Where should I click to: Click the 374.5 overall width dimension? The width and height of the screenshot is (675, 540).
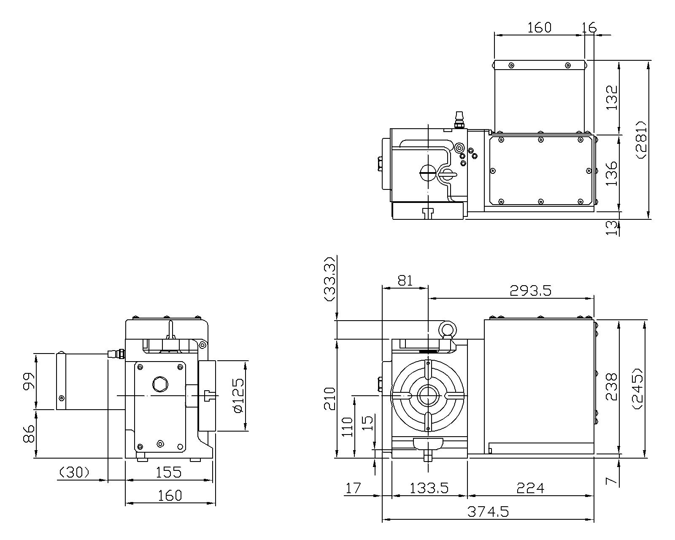click(488, 512)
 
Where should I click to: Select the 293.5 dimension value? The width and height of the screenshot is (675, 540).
click(530, 290)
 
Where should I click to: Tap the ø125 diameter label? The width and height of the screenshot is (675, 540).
click(239, 396)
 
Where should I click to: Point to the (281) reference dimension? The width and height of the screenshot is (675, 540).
click(642, 139)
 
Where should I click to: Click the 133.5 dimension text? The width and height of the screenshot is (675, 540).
click(429, 488)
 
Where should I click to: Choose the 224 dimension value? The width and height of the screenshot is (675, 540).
click(530, 488)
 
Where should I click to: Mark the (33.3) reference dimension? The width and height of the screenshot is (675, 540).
click(330, 279)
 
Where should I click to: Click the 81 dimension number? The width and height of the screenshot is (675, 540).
click(405, 280)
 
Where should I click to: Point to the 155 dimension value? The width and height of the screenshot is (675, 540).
click(169, 472)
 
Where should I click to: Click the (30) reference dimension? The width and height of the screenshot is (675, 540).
click(74, 472)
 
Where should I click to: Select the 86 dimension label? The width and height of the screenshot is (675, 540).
click(29, 434)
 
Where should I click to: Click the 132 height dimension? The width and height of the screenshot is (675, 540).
click(611, 97)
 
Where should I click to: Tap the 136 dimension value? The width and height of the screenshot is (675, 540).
click(611, 173)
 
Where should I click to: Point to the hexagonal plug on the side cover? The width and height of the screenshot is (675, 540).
click(160, 384)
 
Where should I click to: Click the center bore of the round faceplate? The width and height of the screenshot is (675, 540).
click(428, 396)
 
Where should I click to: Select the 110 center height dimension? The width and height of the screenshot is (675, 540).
click(347, 427)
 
